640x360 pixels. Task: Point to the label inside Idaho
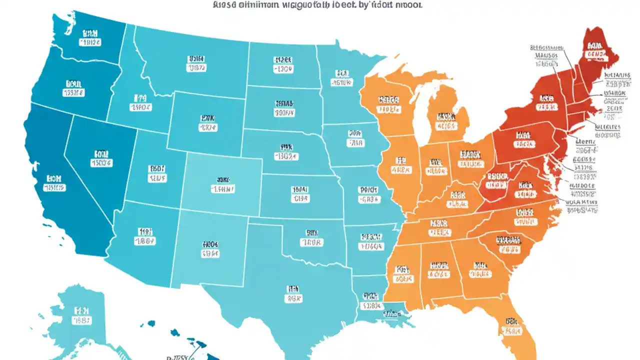pos(140,102)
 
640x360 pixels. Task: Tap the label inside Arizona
pos(145,236)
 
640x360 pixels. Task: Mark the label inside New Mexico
pos(210,249)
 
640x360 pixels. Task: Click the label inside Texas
pos(293,293)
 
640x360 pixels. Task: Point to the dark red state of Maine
pos(597,50)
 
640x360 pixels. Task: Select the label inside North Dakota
pos(283,63)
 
